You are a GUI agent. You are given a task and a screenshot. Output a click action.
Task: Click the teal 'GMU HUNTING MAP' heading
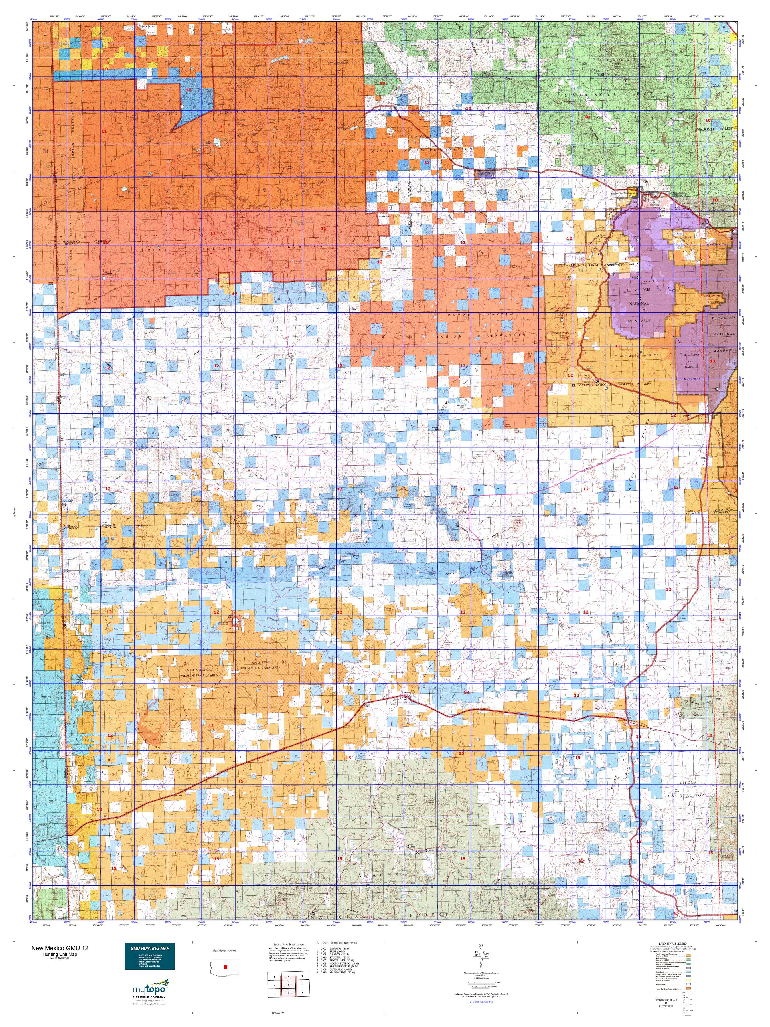click(x=149, y=948)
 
